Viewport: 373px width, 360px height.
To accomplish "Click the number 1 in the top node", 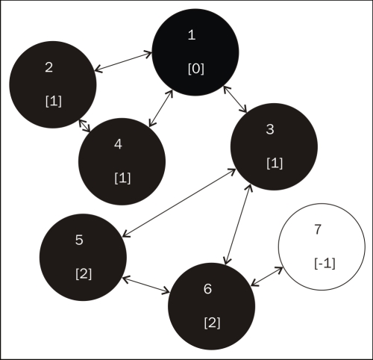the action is click(x=192, y=35).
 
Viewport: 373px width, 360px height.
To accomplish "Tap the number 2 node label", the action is click(x=49, y=67).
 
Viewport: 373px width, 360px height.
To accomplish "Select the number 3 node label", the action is click(x=270, y=129).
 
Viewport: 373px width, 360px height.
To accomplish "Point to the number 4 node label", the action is click(x=118, y=144).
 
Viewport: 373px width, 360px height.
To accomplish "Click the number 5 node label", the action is click(x=79, y=240).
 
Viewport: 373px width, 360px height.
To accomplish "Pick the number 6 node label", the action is click(x=207, y=289).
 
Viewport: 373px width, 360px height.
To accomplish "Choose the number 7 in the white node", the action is click(x=318, y=229).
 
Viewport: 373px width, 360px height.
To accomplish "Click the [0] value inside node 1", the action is click(x=196, y=69).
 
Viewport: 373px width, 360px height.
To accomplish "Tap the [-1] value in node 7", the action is click(x=325, y=264).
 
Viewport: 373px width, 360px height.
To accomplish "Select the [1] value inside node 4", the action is click(x=122, y=179).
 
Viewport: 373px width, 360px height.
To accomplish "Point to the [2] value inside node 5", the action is click(x=84, y=274).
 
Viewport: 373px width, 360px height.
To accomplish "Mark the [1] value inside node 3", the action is click(x=275, y=164).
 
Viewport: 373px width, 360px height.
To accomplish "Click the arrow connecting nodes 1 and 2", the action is click(x=124, y=61).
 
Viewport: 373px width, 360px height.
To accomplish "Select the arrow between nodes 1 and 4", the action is click(x=160, y=108).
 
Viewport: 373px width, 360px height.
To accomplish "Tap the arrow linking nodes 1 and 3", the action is click(x=235, y=99).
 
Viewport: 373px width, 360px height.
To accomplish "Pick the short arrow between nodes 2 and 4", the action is click(x=84, y=125).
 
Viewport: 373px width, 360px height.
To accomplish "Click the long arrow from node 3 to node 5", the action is click(x=179, y=202).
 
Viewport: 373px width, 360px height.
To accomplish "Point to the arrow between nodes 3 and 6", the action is click(x=238, y=225).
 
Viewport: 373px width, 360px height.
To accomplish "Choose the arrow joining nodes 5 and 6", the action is click(x=146, y=285).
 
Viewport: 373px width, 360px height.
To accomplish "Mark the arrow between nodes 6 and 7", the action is click(x=267, y=276).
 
